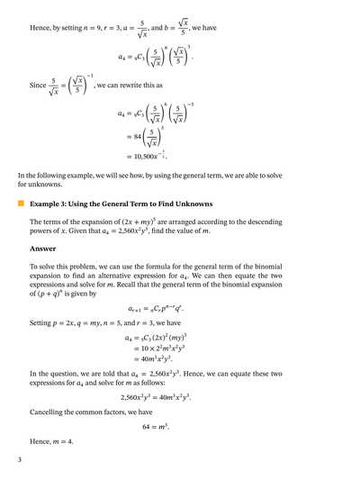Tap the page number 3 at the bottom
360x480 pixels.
coord(19,460)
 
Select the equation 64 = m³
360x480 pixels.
coord(180,423)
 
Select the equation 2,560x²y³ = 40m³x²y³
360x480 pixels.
coord(180,396)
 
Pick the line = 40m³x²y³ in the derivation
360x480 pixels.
coord(160,359)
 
